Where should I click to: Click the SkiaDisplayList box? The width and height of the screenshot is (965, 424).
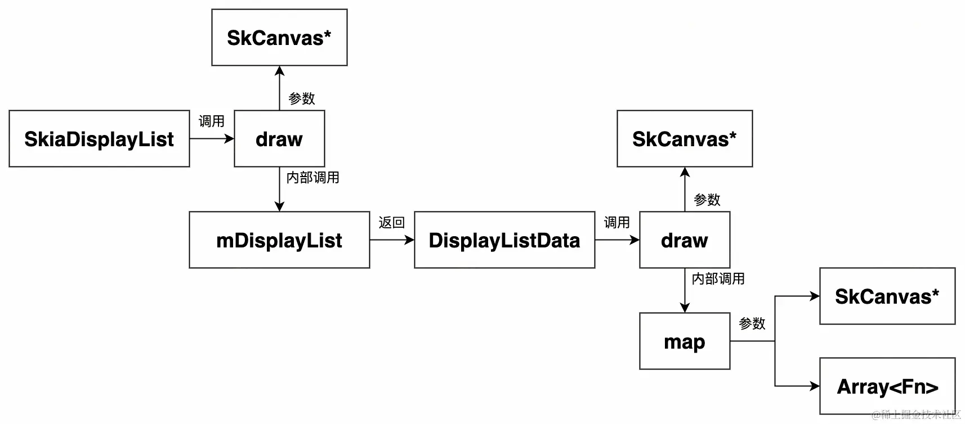point(99,139)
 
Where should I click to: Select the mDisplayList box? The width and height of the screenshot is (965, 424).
point(279,240)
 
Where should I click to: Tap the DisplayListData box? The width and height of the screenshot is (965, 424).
point(504,240)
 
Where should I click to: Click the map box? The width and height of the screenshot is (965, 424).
point(685,341)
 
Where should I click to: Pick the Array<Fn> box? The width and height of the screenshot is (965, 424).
point(887,386)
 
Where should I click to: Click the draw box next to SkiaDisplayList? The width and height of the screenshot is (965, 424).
point(279,139)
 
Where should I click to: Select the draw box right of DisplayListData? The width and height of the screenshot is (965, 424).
point(685,240)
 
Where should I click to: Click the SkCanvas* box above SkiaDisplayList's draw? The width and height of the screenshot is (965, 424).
point(279,38)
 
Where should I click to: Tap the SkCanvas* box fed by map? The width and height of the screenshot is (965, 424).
point(887,296)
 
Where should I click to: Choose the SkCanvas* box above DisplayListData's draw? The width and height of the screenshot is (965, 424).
point(685,139)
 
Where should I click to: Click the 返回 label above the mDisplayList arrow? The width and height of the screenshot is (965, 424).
point(391,223)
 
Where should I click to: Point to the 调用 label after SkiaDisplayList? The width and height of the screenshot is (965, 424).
point(211,121)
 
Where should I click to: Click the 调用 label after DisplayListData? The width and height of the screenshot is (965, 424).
point(616,223)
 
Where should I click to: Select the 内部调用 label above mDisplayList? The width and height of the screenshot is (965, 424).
point(312,178)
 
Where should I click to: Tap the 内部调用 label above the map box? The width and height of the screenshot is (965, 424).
point(718,279)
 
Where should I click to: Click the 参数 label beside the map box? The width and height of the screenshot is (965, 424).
point(752,324)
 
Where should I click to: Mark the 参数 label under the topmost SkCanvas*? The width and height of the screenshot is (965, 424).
point(301,99)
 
